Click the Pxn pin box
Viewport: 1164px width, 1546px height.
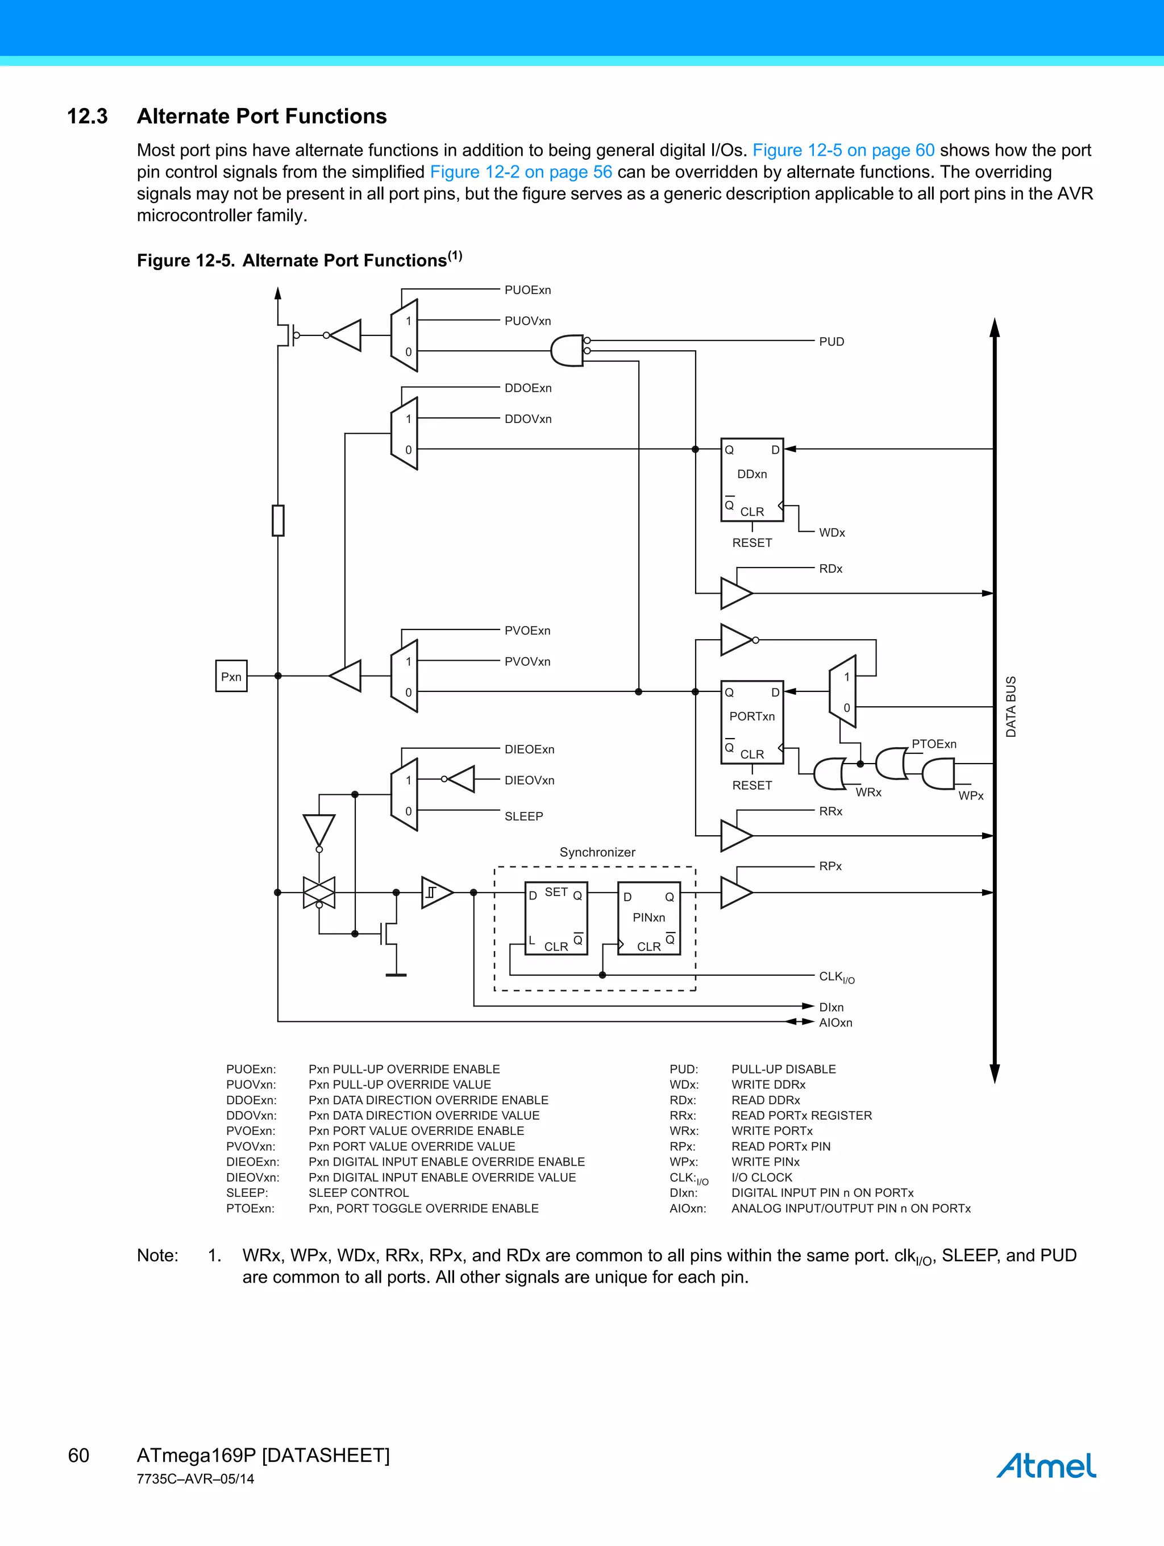[231, 676]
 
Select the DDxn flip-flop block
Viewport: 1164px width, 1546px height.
[752, 480]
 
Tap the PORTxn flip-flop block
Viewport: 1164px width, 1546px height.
[752, 723]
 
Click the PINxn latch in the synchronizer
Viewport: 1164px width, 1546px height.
[648, 918]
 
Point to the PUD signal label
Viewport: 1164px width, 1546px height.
[832, 342]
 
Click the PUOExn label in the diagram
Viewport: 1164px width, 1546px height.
[527, 290]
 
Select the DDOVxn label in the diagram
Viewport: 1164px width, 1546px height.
[527, 418]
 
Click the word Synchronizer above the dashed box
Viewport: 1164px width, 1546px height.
[597, 852]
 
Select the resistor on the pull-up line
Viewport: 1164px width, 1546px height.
[278, 521]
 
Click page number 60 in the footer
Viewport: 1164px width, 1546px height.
[78, 1455]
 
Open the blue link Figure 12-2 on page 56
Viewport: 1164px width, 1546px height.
[521, 172]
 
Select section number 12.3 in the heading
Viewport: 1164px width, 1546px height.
[88, 116]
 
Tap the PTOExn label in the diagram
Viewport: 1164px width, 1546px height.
[933, 744]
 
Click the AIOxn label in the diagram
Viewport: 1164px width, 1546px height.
[835, 1022]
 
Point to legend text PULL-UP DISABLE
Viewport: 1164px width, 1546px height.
[783, 1070]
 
